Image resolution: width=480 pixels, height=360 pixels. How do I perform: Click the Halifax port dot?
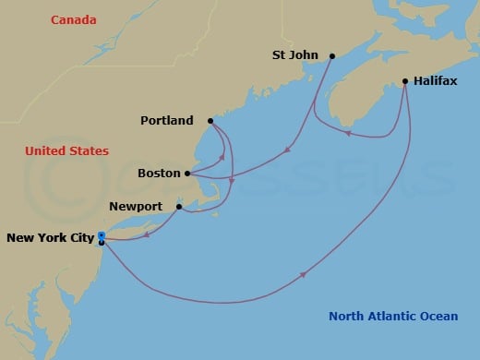(405, 81)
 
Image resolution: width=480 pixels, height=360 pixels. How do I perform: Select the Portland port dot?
(210, 120)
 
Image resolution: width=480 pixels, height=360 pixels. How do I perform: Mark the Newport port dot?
(179, 207)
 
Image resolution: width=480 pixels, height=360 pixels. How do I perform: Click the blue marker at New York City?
(101, 237)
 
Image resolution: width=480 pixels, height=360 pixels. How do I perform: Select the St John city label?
(295, 55)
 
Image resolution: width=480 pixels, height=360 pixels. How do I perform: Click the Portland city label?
(167, 121)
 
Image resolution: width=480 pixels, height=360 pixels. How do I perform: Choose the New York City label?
(50, 238)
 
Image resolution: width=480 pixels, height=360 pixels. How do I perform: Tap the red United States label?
(66, 150)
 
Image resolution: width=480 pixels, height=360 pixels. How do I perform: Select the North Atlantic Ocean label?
(393, 317)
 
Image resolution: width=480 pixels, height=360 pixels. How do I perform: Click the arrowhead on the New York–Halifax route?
(305, 273)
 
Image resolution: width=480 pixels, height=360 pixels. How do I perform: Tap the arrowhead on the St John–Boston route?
(290, 148)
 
